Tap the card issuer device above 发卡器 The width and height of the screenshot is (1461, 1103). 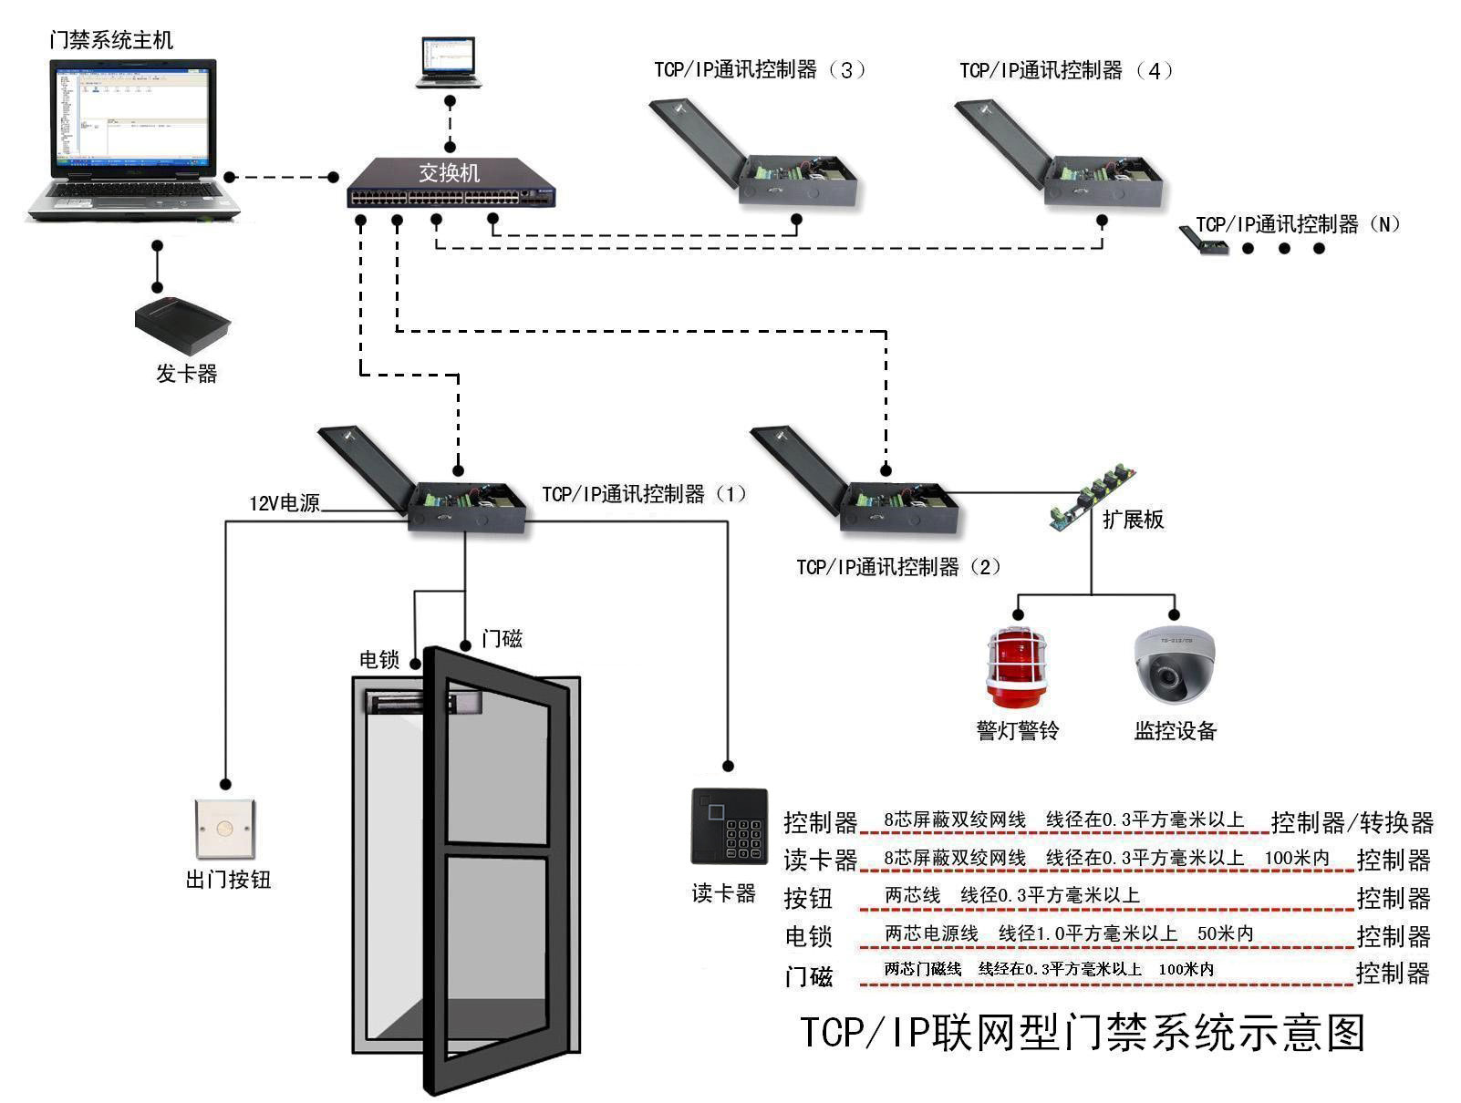[x=182, y=325]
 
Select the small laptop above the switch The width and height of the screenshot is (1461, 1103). [x=448, y=62]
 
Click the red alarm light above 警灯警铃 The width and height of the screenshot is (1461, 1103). [x=1017, y=667]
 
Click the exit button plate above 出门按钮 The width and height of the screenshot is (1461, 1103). [x=225, y=830]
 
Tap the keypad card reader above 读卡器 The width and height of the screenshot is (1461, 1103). [x=729, y=827]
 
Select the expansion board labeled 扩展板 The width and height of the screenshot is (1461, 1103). [x=1093, y=498]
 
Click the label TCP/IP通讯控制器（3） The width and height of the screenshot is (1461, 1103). [x=759, y=70]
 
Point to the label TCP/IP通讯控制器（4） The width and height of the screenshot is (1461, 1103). [x=1065, y=70]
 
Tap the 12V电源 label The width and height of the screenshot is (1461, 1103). [x=285, y=503]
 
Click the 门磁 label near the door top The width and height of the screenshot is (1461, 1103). [x=502, y=639]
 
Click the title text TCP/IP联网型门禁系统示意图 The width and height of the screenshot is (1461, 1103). [x=1083, y=1033]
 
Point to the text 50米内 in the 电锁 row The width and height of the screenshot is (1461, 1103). [x=1225, y=933]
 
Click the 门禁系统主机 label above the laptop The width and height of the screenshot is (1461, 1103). [x=111, y=40]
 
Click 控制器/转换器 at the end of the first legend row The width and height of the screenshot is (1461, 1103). [x=1352, y=822]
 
